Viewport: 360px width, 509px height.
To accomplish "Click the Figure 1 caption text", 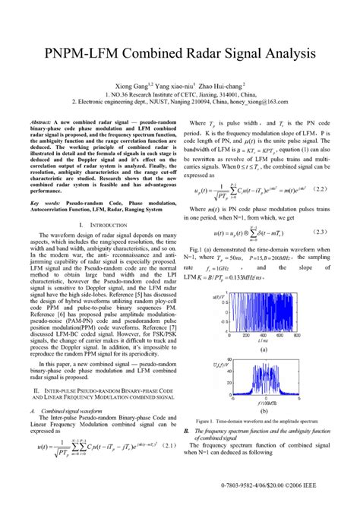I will (256, 420).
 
